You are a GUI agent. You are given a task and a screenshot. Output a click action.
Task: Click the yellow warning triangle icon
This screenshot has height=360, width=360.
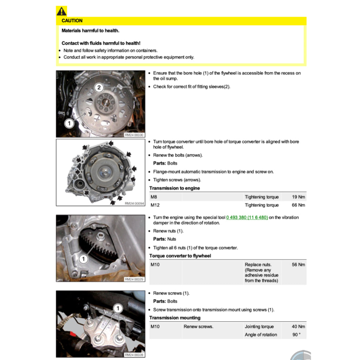click(x=61, y=11)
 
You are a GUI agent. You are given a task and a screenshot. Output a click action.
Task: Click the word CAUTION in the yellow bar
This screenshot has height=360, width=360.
click(x=72, y=21)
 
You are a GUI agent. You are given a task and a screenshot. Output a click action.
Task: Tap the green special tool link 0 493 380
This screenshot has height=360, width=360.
click(x=247, y=217)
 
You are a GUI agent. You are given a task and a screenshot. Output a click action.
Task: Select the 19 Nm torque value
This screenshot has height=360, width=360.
click(x=298, y=197)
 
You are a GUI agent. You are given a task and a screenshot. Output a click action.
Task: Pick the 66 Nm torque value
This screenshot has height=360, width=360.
click(x=298, y=205)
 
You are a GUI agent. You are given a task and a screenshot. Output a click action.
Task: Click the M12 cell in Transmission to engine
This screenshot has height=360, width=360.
click(x=154, y=205)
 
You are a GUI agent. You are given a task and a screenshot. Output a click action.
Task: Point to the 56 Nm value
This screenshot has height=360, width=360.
click(x=298, y=264)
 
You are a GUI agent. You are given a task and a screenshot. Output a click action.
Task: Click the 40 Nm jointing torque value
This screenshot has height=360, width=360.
click(x=298, y=326)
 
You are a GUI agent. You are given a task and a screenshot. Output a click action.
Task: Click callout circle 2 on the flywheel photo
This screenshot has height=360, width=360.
click(x=99, y=88)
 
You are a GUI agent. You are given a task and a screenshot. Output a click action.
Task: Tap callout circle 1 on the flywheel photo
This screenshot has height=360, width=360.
click(x=69, y=123)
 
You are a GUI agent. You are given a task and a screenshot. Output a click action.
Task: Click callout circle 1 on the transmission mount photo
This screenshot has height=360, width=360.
click(x=118, y=309)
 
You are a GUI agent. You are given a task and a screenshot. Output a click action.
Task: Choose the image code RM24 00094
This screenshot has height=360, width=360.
click(x=134, y=203)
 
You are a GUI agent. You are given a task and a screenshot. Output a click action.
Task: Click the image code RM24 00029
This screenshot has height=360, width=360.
click(x=134, y=279)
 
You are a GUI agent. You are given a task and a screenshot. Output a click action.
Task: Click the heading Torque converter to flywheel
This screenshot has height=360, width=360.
click(x=180, y=256)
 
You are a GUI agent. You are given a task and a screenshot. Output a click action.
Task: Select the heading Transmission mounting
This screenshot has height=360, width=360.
click(x=175, y=317)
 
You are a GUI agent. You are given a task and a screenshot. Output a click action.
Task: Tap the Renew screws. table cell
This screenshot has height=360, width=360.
click(x=198, y=326)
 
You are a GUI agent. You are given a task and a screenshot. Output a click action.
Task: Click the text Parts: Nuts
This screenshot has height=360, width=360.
click(x=165, y=239)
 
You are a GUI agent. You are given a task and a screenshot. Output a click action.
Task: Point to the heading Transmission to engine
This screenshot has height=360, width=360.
click(x=174, y=188)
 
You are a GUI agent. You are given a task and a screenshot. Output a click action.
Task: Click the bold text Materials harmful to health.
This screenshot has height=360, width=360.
click(x=90, y=31)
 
